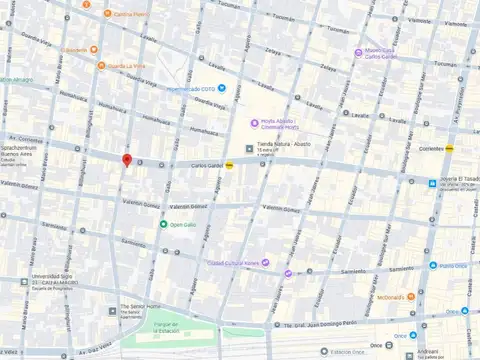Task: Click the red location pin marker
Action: click(x=126, y=161)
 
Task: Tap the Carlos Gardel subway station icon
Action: click(x=231, y=165)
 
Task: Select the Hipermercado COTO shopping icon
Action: click(x=222, y=88)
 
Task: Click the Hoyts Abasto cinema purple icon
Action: click(x=255, y=123)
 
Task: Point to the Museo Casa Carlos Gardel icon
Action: click(x=358, y=52)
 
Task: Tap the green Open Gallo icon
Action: click(x=163, y=224)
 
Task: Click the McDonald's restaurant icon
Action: click(x=410, y=296)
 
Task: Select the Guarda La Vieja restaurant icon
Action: click(x=100, y=66)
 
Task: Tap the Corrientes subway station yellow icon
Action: click(x=451, y=147)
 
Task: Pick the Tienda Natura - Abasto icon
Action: click(x=249, y=148)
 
